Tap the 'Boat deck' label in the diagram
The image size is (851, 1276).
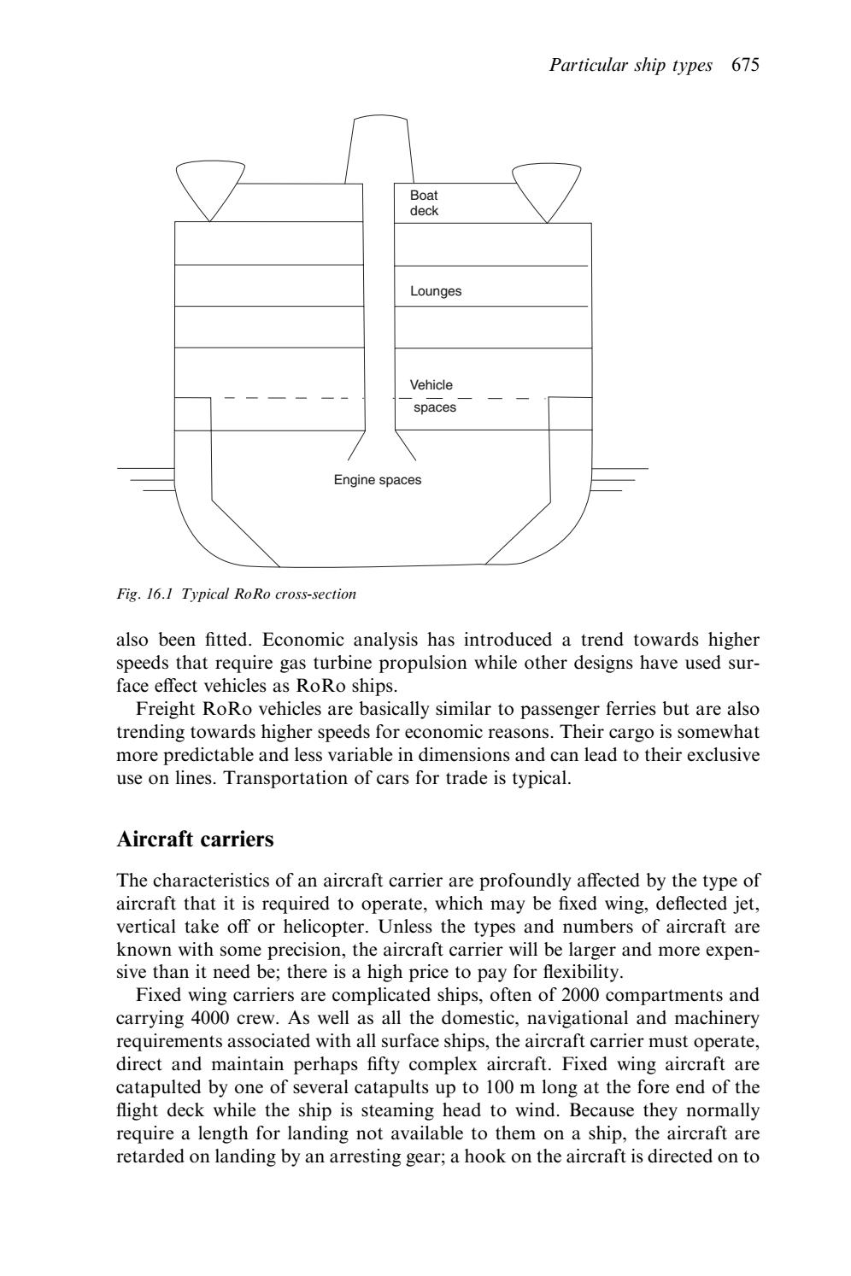[424, 203]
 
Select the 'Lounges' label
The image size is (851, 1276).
[435, 291]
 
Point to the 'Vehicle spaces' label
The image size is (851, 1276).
[432, 396]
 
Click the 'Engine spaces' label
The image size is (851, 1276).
[377, 480]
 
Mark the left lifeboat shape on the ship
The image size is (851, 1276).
[209, 186]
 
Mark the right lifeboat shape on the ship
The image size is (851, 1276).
[546, 186]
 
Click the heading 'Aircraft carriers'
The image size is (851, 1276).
[195, 840]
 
